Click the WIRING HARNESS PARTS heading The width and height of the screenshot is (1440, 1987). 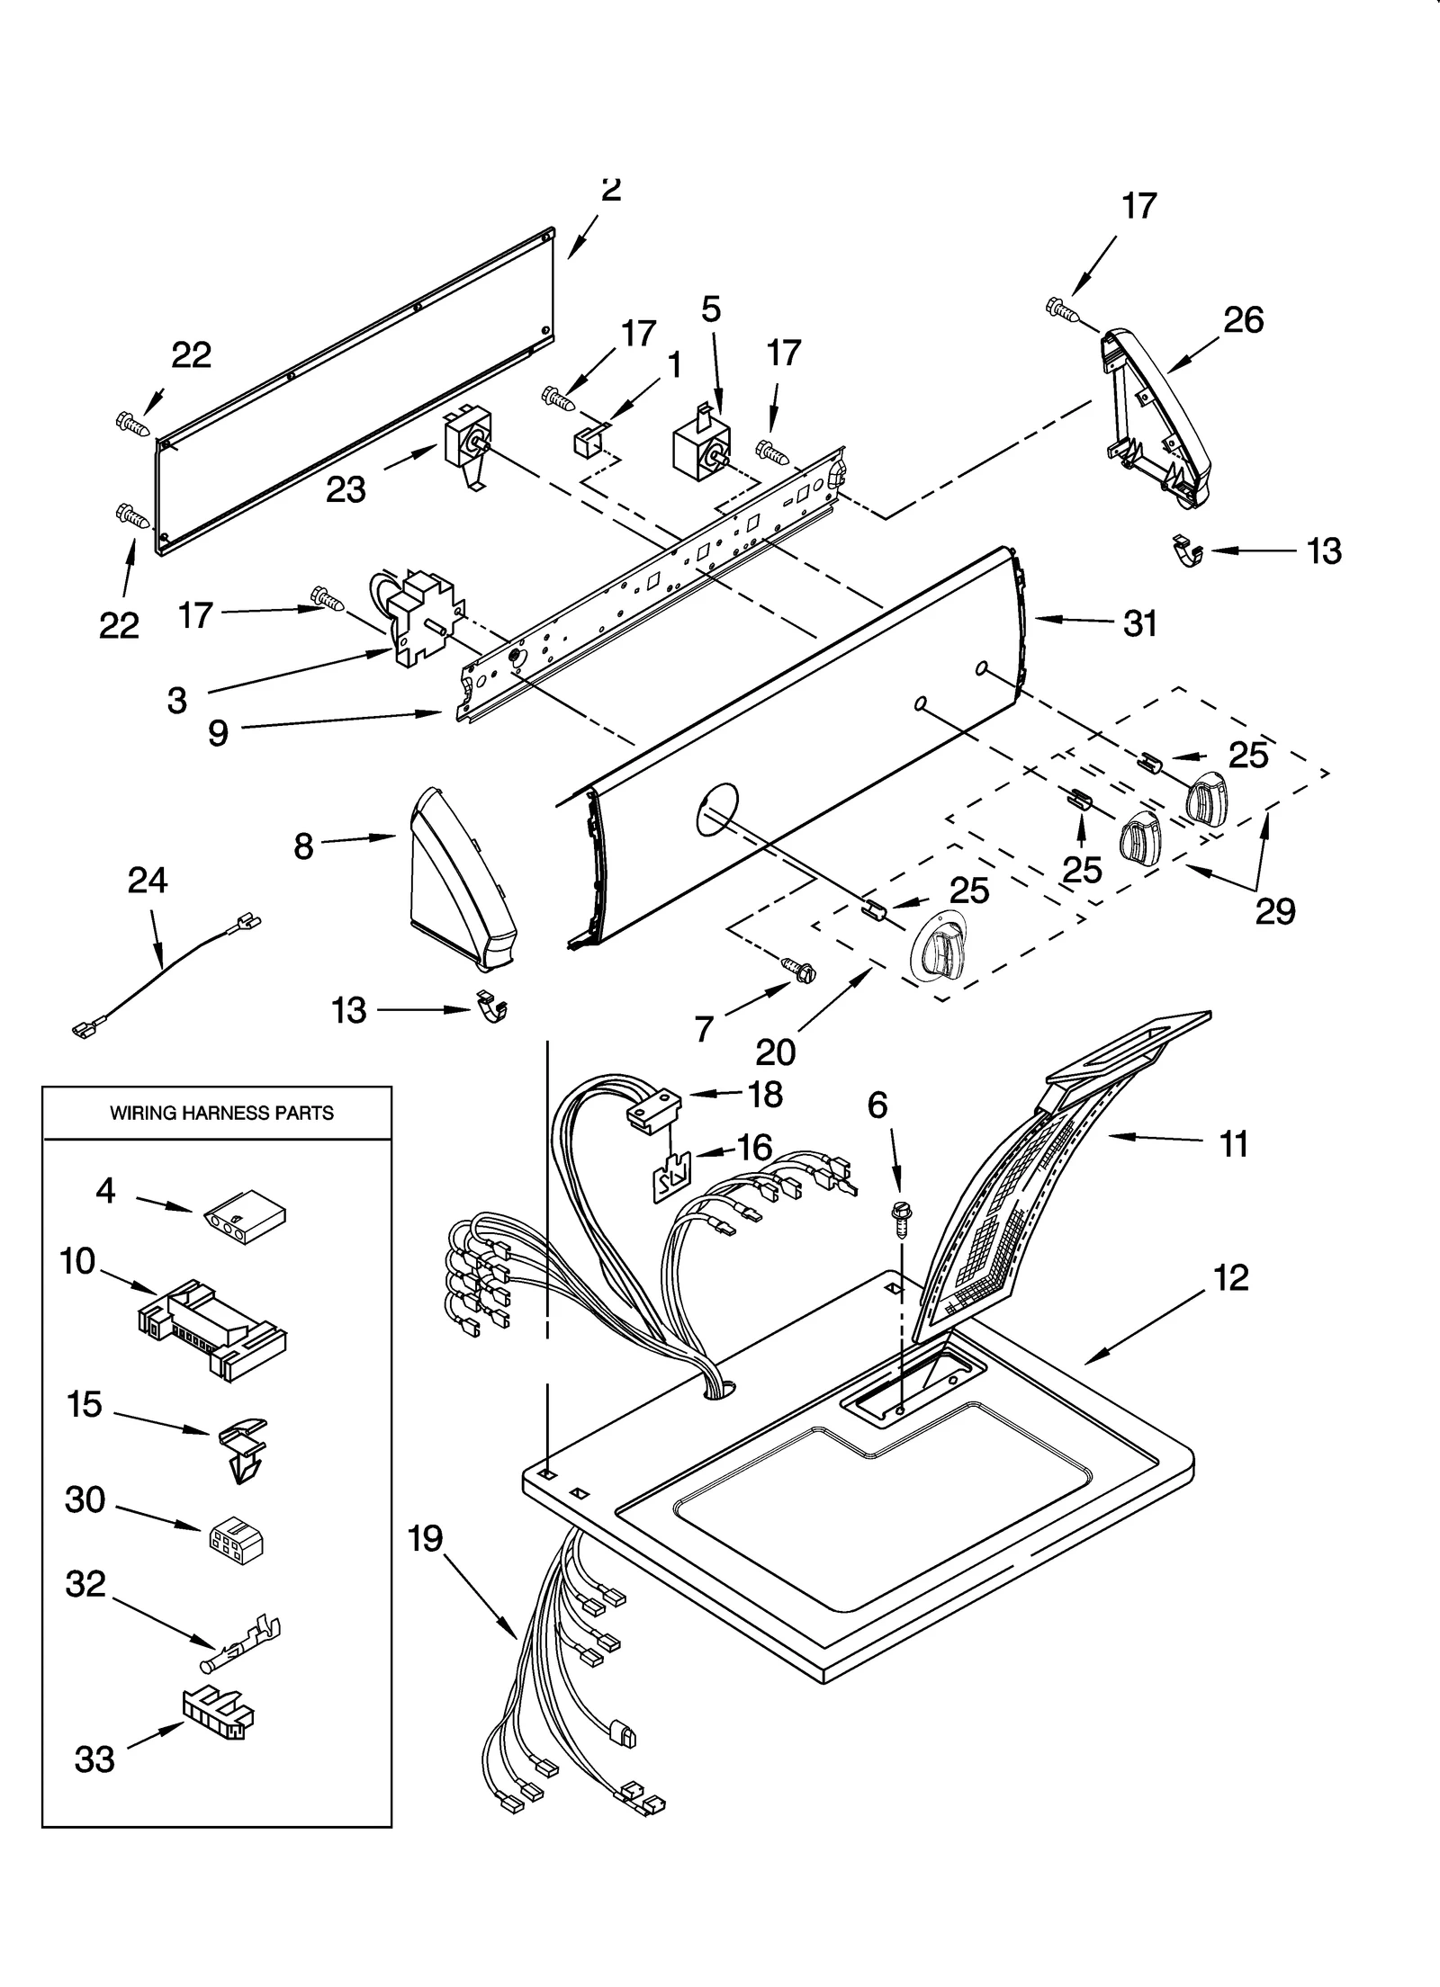pos(221,1113)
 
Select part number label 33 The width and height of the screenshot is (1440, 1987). pos(94,1759)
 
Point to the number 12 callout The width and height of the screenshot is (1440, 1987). pos(1231,1277)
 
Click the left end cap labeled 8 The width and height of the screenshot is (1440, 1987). pos(459,882)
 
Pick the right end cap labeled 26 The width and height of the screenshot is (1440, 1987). pos(1156,414)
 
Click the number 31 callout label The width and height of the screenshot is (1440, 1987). pos(1139,623)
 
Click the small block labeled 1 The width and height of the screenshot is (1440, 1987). pos(586,442)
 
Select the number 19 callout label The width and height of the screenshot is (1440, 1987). pos(425,1538)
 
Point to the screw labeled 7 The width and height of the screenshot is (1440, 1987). pos(799,971)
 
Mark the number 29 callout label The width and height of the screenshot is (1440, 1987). pos(1274,911)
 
